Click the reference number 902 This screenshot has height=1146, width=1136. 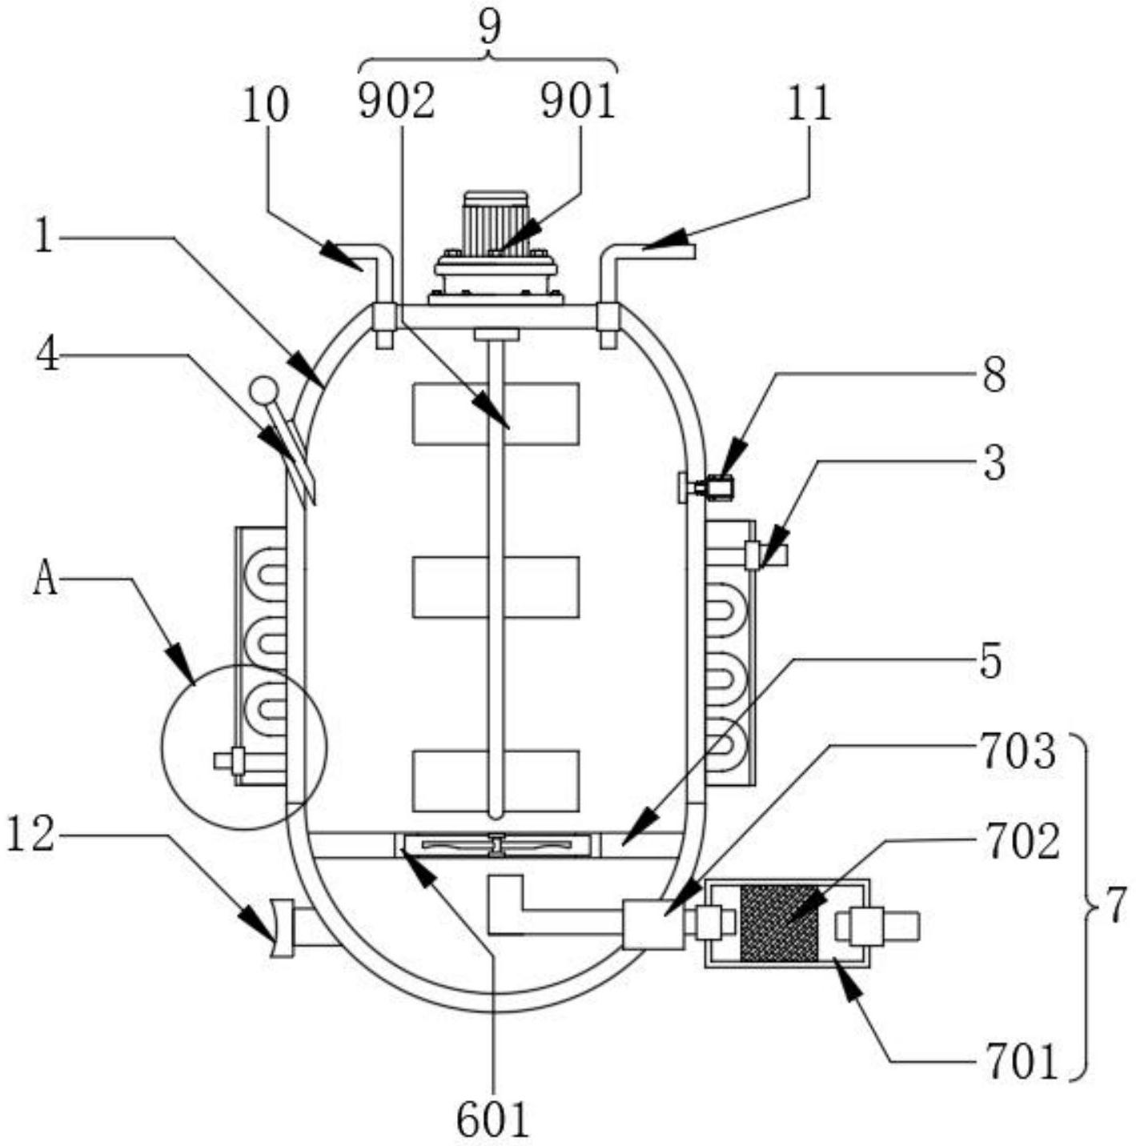[396, 101]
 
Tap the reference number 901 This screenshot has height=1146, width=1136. [576, 101]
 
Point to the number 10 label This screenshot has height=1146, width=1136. [266, 105]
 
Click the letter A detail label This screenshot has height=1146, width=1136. [45, 579]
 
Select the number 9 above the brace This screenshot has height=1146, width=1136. [490, 27]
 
